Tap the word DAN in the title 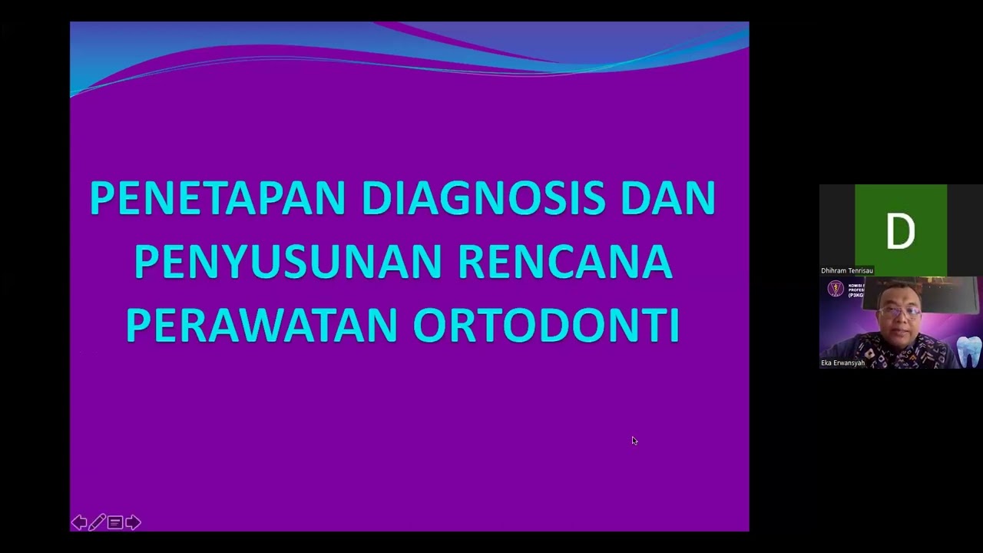[x=668, y=198]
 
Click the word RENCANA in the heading [x=565, y=262]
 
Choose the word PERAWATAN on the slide [x=261, y=326]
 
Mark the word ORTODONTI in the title [x=546, y=326]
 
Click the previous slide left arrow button [x=79, y=523]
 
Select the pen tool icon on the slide [x=97, y=523]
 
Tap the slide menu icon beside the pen [x=115, y=523]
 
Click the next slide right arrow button [x=133, y=523]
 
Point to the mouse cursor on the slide [x=634, y=440]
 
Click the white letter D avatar [x=900, y=231]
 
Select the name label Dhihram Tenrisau [x=846, y=270]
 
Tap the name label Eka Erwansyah [x=842, y=363]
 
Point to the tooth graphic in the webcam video [x=968, y=351]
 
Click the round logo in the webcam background [x=835, y=289]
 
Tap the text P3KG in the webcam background [x=856, y=295]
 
